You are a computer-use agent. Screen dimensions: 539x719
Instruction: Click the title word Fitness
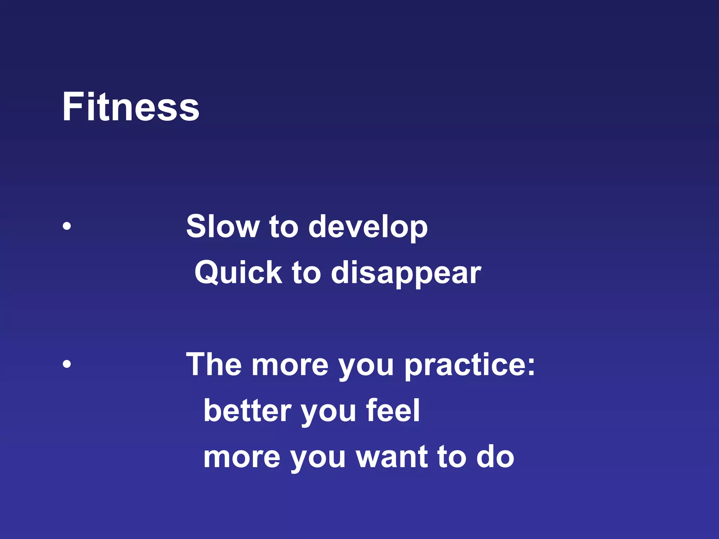[x=131, y=107]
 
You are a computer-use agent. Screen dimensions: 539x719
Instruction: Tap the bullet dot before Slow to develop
[x=67, y=226]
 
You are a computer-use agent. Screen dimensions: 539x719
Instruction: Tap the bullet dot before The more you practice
[x=67, y=364]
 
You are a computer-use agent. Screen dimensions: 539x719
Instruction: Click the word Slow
[x=222, y=227]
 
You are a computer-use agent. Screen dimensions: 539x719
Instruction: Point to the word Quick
[x=238, y=273]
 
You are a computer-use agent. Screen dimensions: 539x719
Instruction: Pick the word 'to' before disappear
[x=306, y=273]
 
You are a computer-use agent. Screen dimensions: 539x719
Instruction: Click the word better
[x=248, y=411]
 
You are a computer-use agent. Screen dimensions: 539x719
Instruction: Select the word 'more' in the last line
[x=242, y=458]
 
